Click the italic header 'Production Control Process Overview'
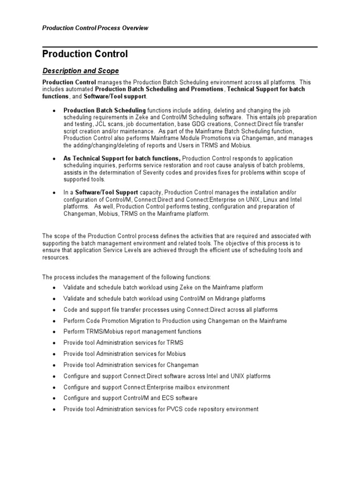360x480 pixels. pos(95,28)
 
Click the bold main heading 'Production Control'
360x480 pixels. pos(85,54)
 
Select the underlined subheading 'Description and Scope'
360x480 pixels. pos(81,71)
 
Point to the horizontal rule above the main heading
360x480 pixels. pos(180,47)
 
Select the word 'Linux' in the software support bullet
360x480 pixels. pos(264,200)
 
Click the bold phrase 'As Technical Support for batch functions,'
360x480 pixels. pos(122,159)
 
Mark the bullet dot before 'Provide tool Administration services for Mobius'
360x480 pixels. pos(54,354)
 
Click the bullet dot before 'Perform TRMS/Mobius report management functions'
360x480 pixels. pos(54,332)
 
